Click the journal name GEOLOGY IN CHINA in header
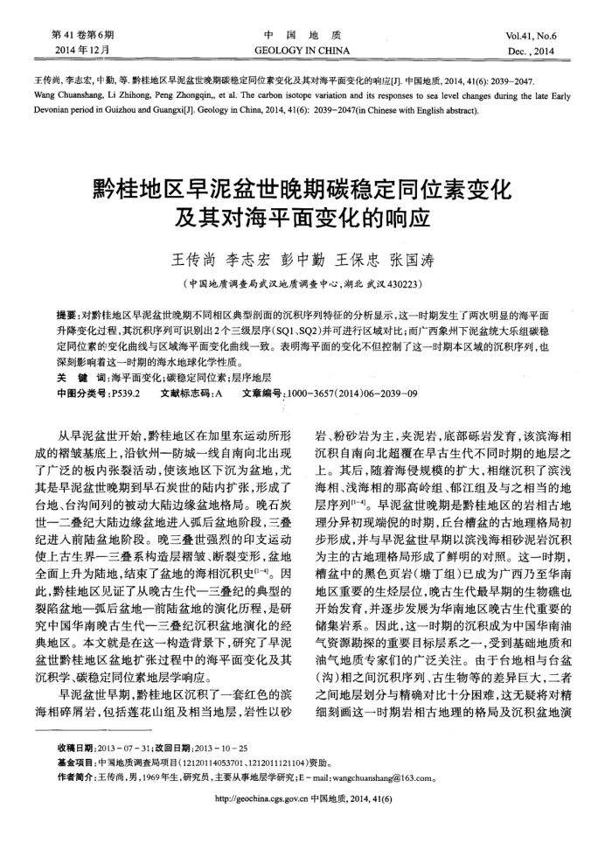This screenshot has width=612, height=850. click(x=306, y=51)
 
